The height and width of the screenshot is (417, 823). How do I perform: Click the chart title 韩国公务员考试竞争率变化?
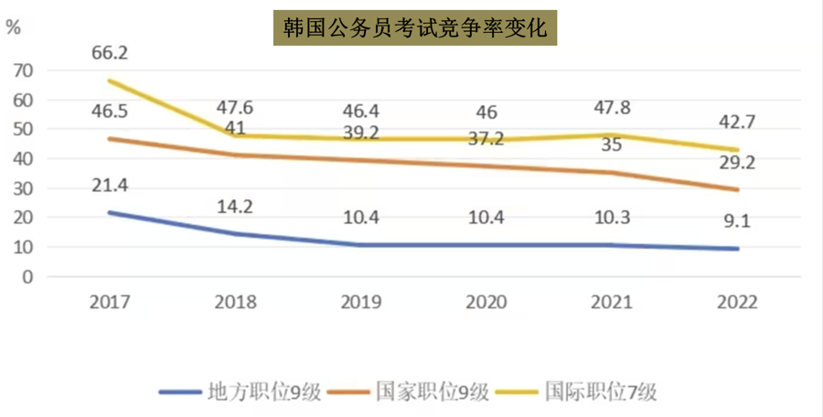pos(414,28)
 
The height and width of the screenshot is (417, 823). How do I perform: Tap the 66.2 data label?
pos(109,53)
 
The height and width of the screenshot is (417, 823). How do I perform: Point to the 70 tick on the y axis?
pos(24,70)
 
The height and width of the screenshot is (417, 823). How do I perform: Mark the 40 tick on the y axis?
pos(24,158)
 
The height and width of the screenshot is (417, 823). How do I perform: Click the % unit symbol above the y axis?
pos(13,27)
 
